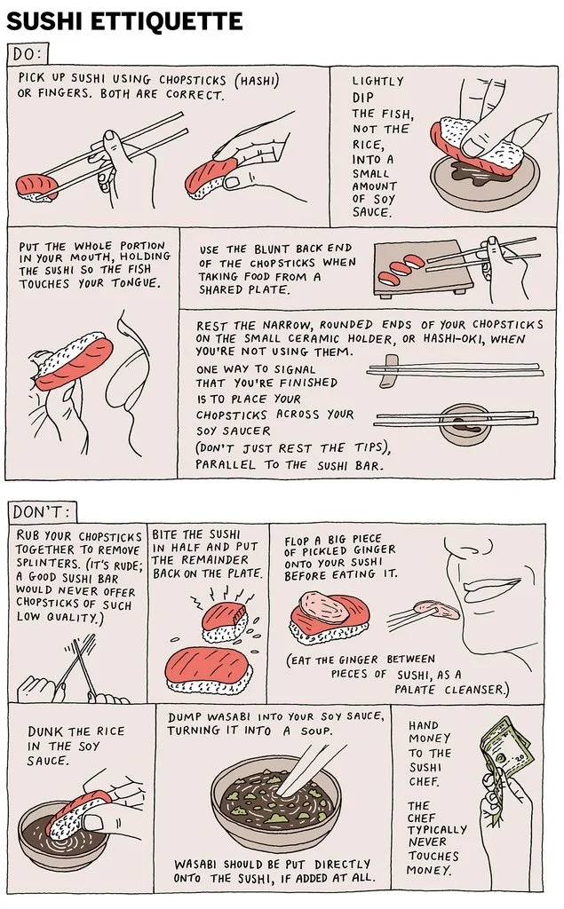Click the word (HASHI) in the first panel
(x=257, y=80)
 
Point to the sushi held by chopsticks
(x=36, y=188)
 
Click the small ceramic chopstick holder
(x=390, y=371)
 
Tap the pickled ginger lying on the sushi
(x=324, y=605)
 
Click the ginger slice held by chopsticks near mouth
(x=436, y=608)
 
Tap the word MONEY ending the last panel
(x=429, y=870)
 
